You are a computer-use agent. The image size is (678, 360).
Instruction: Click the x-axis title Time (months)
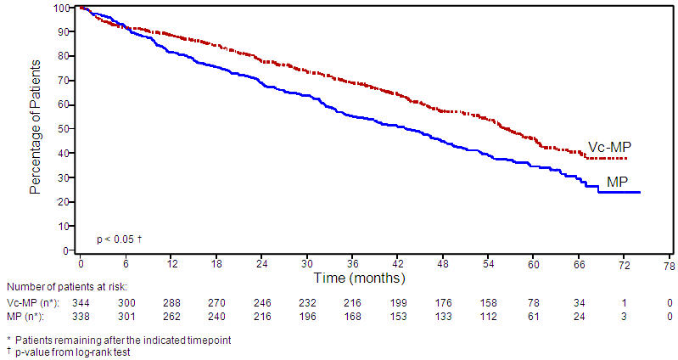[360, 278]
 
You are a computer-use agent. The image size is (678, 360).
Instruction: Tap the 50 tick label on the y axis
[63, 129]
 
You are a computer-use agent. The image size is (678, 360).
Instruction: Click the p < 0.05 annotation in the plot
[118, 239]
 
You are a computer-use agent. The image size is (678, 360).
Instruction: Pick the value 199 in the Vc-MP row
[396, 302]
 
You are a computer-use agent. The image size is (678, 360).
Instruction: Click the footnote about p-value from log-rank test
[71, 352]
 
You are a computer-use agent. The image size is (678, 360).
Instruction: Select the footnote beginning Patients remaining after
[117, 339]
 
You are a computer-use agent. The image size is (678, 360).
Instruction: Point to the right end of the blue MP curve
[639, 192]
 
